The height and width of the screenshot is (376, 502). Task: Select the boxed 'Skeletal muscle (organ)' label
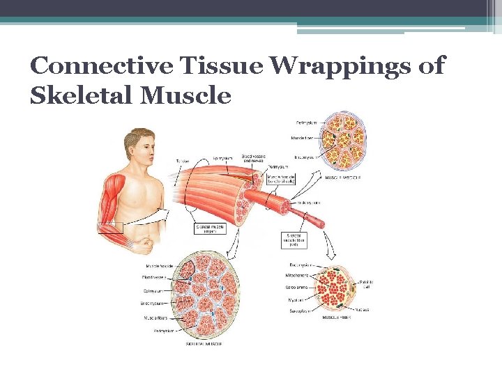(x=211, y=228)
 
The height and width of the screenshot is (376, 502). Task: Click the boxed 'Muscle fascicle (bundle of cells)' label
(x=283, y=181)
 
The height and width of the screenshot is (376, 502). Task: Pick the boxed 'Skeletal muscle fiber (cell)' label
(x=296, y=240)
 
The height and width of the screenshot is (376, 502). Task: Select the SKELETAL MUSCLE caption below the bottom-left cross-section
(x=204, y=343)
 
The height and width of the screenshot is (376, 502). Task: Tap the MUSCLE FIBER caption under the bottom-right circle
(x=336, y=317)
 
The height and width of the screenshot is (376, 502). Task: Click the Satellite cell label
(x=365, y=284)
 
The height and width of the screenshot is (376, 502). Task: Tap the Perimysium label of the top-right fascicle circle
(x=305, y=123)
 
